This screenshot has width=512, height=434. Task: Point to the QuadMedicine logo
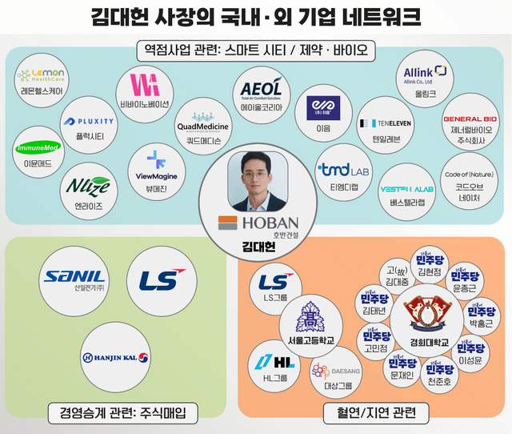(203, 127)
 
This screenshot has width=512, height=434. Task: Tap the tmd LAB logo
(342, 170)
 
